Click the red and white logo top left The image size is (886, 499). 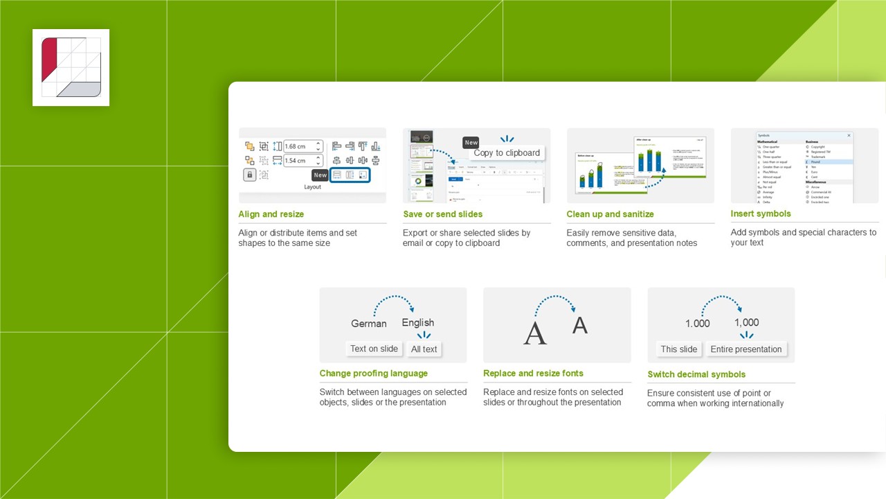pos(71,67)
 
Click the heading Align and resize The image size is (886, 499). pos(271,214)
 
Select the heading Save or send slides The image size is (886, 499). pos(442,214)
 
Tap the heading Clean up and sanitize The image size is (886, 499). pos(610,214)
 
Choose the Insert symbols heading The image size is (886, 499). pos(760,213)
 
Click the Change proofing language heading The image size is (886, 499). pos(373,374)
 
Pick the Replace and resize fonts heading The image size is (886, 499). pos(533,374)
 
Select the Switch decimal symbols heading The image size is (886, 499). pos(696,374)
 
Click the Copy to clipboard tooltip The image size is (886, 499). pos(507,153)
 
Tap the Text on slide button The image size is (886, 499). pos(374,349)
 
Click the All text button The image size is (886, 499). pos(424,349)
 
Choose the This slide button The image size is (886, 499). pos(678,349)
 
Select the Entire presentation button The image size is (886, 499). pos(745,349)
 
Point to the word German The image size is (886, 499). pos(368,324)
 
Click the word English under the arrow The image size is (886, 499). pos(417,323)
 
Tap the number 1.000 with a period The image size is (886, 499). pos(697,324)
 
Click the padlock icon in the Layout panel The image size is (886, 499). pos(249,175)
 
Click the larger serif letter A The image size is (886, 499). pos(534,333)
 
